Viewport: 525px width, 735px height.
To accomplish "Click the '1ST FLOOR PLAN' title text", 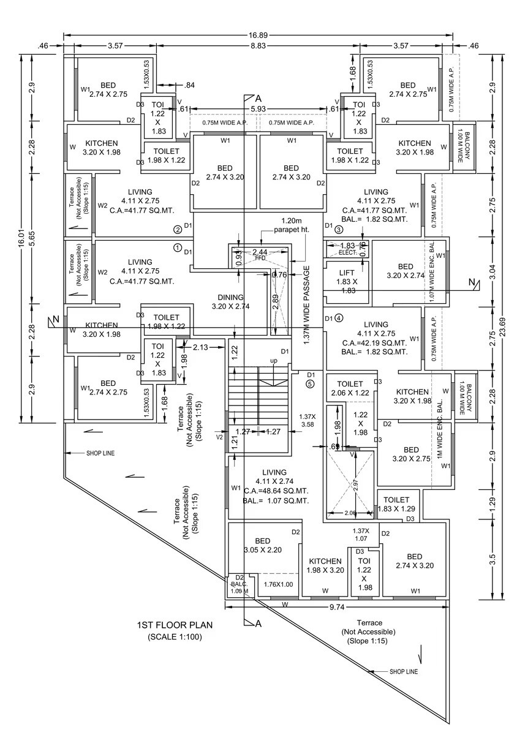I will (x=175, y=625).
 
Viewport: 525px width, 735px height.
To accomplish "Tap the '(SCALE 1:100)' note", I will (x=175, y=637).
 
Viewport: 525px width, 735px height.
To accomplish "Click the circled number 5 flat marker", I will (x=310, y=384).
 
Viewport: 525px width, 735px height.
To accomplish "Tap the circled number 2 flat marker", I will (x=178, y=230).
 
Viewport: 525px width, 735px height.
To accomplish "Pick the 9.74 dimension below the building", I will (x=336, y=606).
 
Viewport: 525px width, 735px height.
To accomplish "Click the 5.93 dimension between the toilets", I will (x=259, y=109).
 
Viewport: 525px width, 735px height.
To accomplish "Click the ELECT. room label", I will (x=347, y=252).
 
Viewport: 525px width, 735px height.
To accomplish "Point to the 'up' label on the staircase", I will (x=273, y=361).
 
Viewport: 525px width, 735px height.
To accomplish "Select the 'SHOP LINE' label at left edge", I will (x=100, y=453).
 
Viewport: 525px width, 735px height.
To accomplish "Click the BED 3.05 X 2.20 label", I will (x=263, y=545).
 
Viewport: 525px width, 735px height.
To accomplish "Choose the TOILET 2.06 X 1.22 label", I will (x=350, y=388).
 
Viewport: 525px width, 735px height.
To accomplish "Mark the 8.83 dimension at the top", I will (x=257, y=45).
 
